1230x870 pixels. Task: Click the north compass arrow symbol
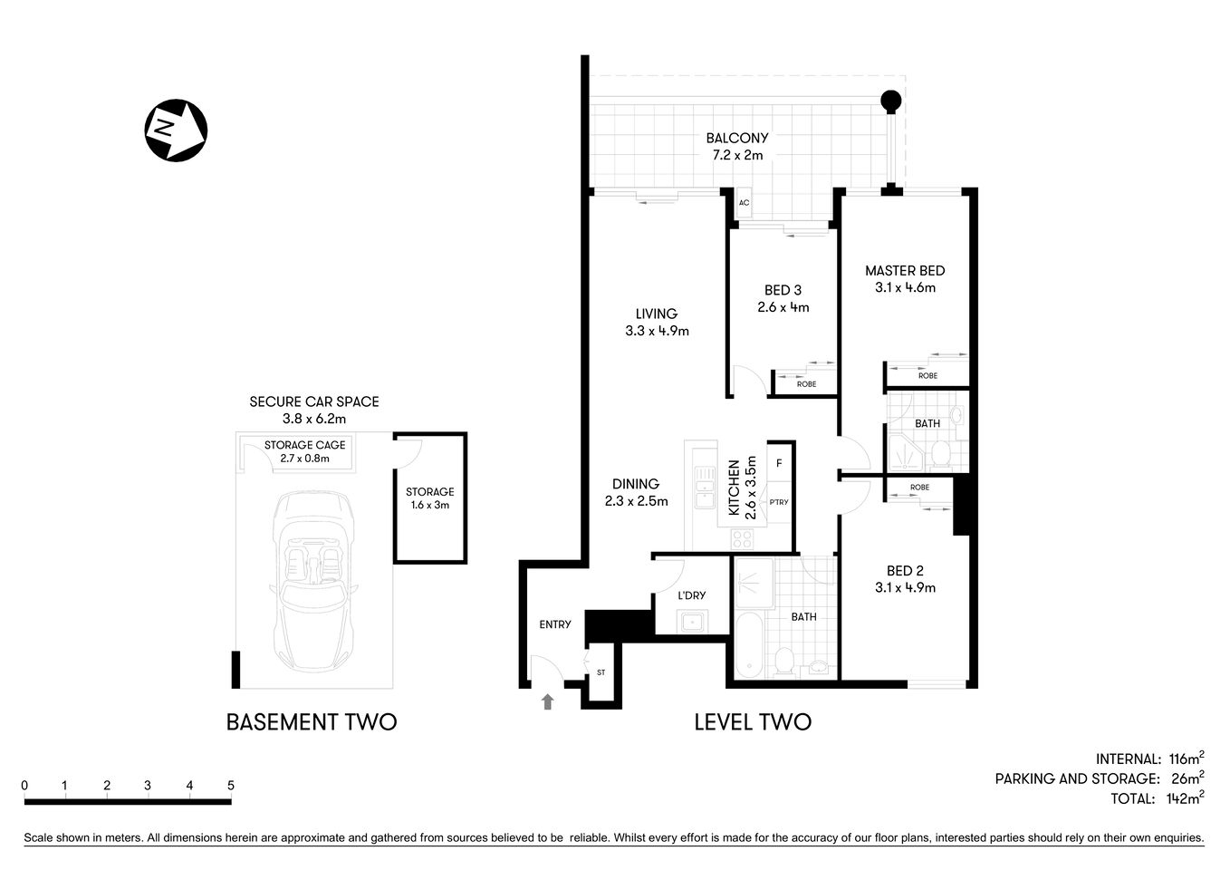coord(176,130)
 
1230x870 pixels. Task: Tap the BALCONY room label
coord(736,139)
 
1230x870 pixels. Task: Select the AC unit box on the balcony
coord(744,203)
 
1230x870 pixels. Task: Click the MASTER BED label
coord(904,271)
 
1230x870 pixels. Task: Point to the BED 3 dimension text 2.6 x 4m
coord(783,307)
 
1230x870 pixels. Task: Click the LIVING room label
coord(656,314)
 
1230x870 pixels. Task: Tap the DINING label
coord(635,484)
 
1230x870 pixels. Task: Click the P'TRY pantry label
coord(778,502)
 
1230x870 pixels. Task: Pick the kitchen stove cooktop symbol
coord(743,538)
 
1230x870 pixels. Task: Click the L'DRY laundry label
coord(691,595)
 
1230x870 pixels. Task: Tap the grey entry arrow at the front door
coord(547,701)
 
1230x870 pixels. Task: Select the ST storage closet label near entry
coord(601,672)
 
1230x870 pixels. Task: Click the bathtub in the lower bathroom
coord(748,645)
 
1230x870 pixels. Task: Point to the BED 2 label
coord(904,571)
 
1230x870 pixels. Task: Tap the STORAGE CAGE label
coord(304,445)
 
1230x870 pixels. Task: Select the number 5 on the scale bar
coord(231,786)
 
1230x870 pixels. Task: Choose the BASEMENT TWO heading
coord(311,722)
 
